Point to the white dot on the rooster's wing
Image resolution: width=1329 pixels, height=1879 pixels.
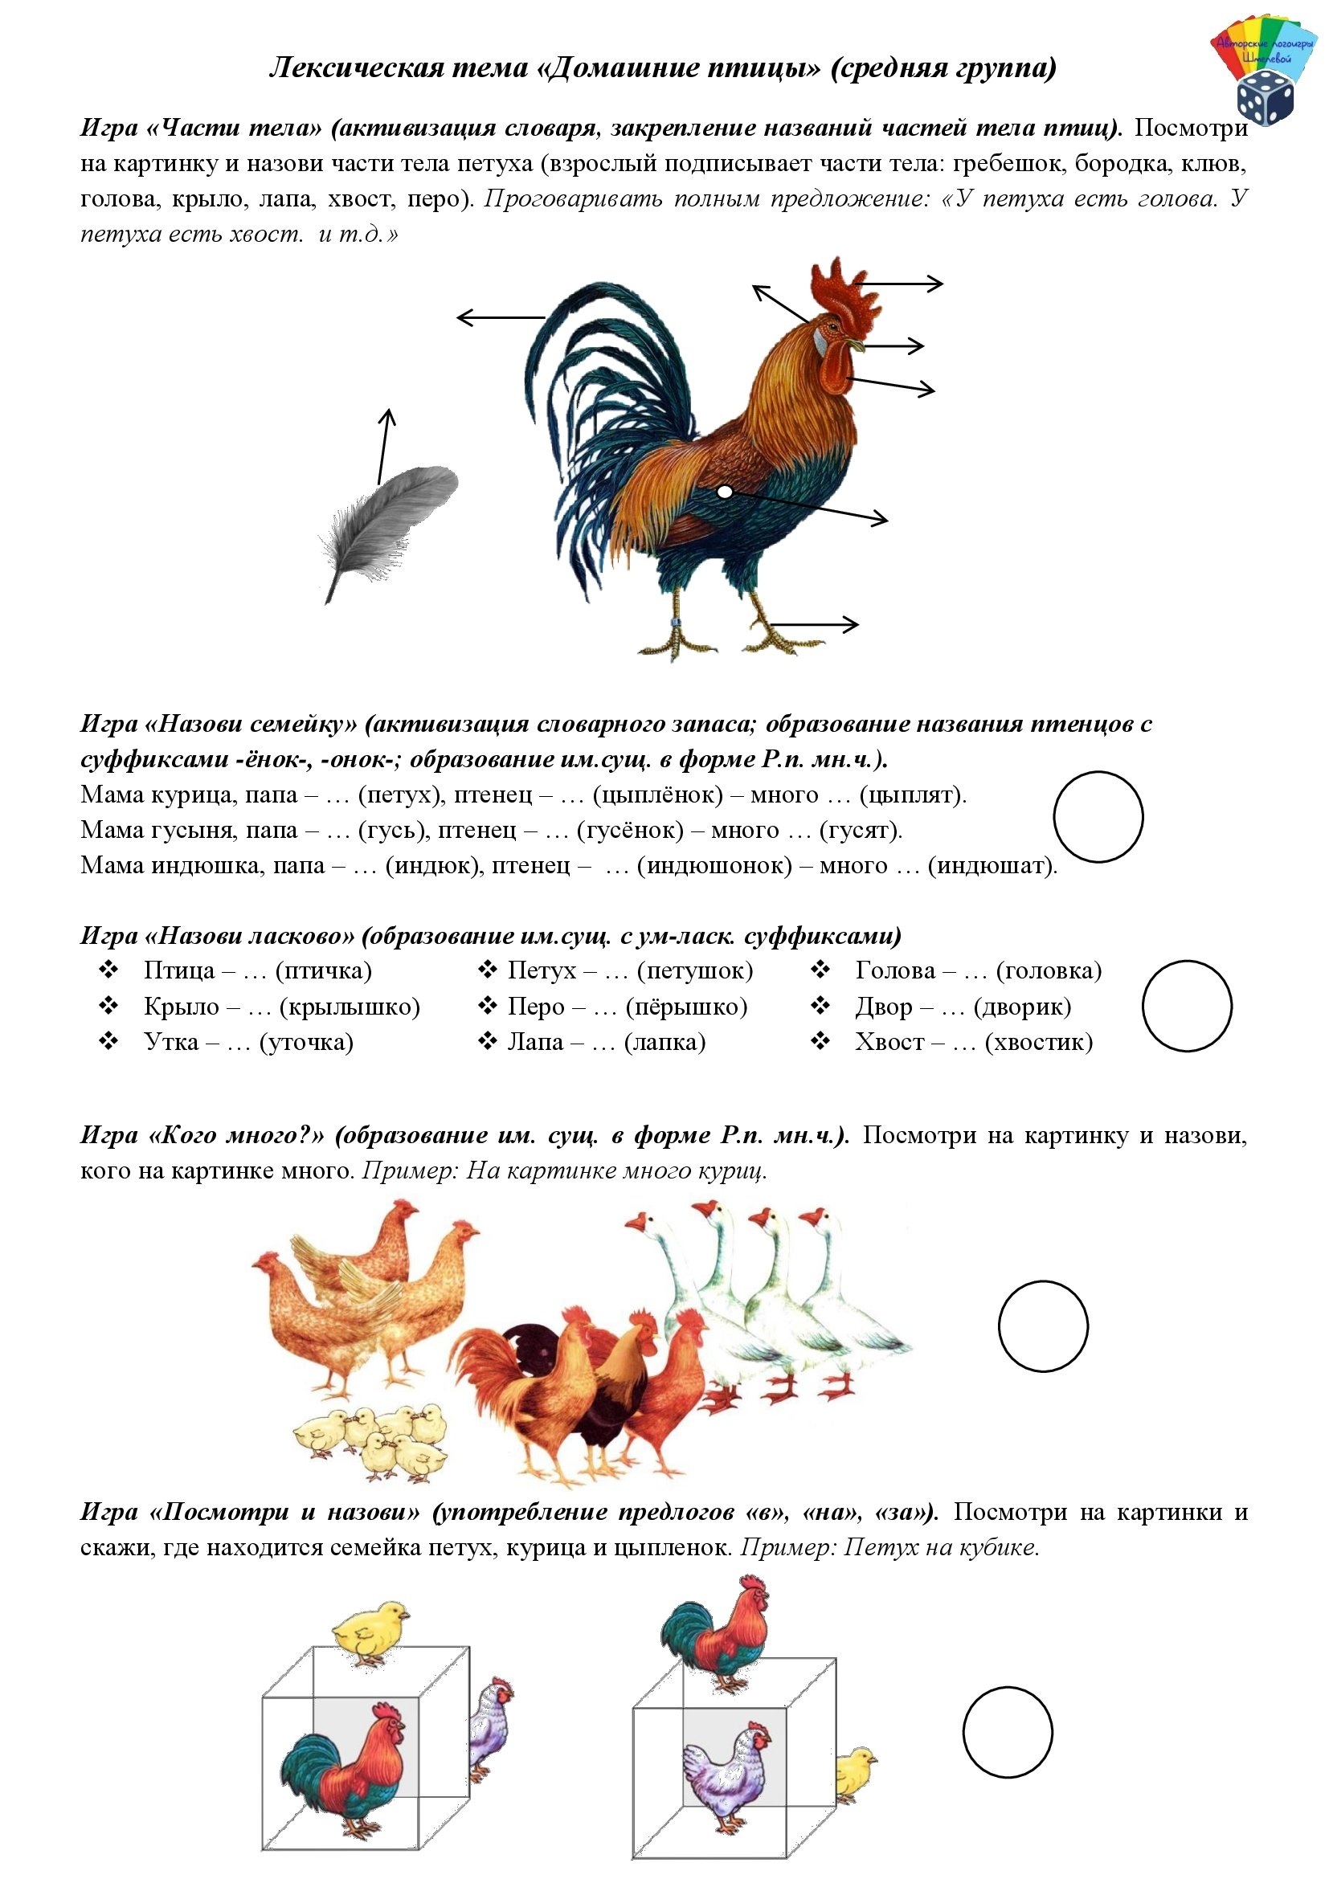pos(724,492)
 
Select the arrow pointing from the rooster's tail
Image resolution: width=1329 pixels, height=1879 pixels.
pos(499,317)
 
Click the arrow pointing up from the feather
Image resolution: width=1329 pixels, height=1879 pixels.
pos(384,447)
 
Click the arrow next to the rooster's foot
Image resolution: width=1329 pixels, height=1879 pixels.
pos(814,624)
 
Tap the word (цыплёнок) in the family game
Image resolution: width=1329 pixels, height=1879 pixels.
pos(658,794)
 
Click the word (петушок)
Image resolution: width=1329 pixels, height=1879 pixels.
pos(695,970)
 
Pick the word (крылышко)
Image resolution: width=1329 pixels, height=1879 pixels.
pos(350,1007)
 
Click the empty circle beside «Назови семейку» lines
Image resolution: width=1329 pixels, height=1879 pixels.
pos(1098,817)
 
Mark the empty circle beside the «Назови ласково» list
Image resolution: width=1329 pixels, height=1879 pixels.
pos(1186,1006)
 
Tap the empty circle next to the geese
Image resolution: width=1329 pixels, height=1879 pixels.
pos(1043,1326)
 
